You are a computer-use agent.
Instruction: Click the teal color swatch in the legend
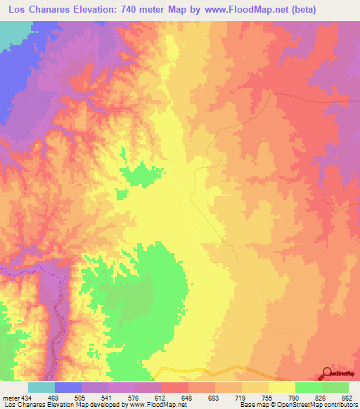coord(41,388)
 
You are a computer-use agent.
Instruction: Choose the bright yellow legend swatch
coord(282,388)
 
